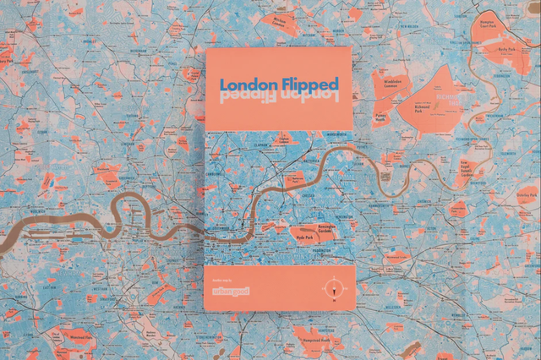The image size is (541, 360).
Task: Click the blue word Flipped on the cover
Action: pos(309,85)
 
